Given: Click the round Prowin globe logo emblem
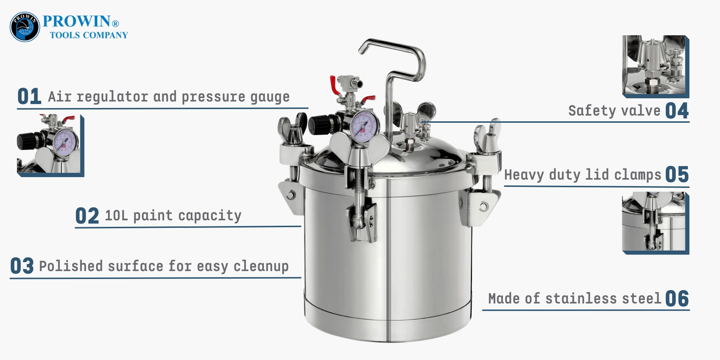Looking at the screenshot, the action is click(x=25, y=27).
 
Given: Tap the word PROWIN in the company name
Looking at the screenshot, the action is click(x=76, y=21).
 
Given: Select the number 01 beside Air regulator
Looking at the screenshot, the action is click(x=29, y=96).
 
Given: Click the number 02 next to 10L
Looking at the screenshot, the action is click(x=87, y=216).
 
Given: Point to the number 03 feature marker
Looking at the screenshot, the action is click(x=22, y=266).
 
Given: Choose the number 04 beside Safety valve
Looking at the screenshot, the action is click(x=677, y=111).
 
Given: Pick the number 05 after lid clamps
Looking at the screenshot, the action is click(x=677, y=175).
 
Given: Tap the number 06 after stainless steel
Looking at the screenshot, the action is click(x=677, y=299).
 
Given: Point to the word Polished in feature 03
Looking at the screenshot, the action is click(x=71, y=266).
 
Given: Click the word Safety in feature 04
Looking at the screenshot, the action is click(x=592, y=111).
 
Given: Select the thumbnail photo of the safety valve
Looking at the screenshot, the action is click(x=656, y=67).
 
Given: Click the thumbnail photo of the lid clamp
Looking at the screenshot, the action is click(x=656, y=223).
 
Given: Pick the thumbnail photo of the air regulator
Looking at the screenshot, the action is click(x=50, y=146).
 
